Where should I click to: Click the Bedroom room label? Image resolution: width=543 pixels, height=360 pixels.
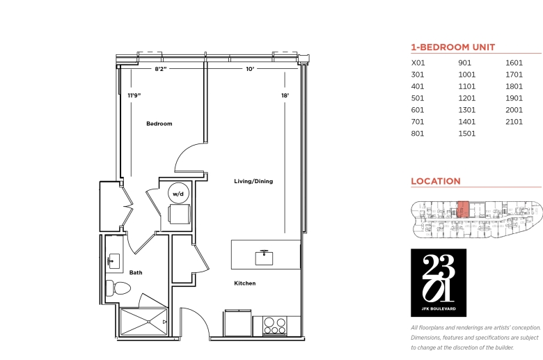pyautogui.click(x=159, y=124)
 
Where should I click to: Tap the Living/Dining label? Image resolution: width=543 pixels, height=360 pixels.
pyautogui.click(x=253, y=181)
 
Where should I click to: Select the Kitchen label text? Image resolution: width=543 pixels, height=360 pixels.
pyautogui.click(x=245, y=283)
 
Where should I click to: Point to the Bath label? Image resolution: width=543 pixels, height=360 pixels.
pyautogui.click(x=136, y=273)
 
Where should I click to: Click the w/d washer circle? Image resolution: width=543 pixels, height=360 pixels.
pyautogui.click(x=178, y=194)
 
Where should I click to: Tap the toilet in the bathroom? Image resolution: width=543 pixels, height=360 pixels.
pyautogui.click(x=118, y=288)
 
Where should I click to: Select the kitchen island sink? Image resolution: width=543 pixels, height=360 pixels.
pyautogui.click(x=264, y=258)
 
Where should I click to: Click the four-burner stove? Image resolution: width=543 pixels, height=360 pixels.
pyautogui.click(x=274, y=326)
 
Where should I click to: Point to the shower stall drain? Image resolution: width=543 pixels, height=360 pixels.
pyautogui.click(x=148, y=322)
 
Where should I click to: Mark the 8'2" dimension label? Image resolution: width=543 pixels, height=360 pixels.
pyautogui.click(x=160, y=69)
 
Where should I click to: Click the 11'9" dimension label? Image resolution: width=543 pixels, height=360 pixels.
pyautogui.click(x=134, y=95)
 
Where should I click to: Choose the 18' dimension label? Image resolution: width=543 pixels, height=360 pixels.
pyautogui.click(x=285, y=95)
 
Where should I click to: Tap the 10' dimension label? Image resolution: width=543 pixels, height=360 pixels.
pyautogui.click(x=250, y=69)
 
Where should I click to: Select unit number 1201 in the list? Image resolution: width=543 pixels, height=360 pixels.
pyautogui.click(x=467, y=98)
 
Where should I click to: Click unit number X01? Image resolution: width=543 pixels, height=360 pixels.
pyautogui.click(x=418, y=63)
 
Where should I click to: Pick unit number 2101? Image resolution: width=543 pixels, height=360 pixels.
pyautogui.click(x=514, y=122)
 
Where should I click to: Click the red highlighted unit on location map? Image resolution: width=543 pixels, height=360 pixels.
pyautogui.click(x=463, y=210)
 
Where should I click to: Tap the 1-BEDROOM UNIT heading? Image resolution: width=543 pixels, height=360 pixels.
pyautogui.click(x=453, y=47)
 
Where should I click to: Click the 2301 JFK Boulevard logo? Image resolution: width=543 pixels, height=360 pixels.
pyautogui.click(x=439, y=283)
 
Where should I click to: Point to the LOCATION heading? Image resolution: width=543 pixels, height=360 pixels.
pyautogui.click(x=436, y=181)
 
